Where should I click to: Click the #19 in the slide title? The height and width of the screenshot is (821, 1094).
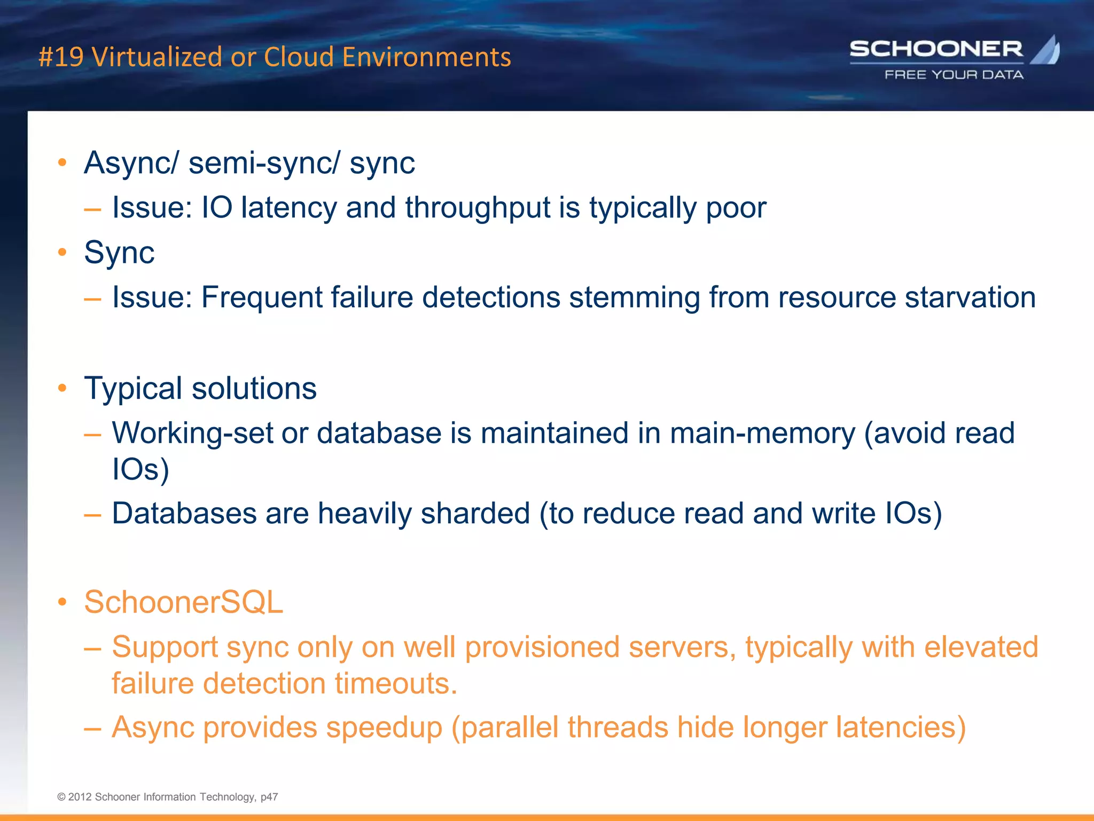pos(61,57)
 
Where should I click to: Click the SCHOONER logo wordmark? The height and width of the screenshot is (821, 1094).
pos(936,49)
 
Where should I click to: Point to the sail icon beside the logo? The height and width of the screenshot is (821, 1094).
pos(1046,50)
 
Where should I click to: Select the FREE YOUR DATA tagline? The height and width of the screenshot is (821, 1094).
pos(954,75)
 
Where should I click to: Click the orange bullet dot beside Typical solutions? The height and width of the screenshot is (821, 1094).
pos(62,388)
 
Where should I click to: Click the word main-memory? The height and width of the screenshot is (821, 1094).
pos(762,433)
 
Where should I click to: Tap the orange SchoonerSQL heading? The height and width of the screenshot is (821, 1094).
pos(183,602)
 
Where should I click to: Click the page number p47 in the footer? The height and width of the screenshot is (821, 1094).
pos(269,797)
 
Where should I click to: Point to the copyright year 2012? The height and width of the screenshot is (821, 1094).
pos(80,797)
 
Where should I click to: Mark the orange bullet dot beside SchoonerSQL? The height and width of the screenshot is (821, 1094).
pos(62,602)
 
